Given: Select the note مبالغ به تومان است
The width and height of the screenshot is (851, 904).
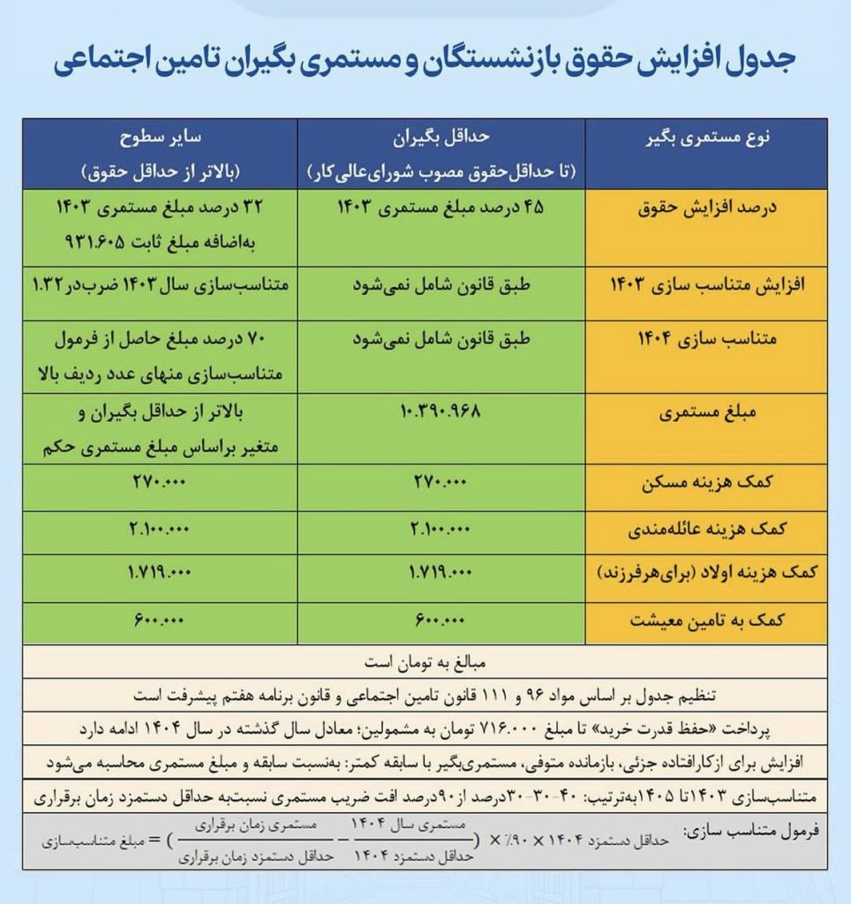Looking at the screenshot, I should point(425,660).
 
